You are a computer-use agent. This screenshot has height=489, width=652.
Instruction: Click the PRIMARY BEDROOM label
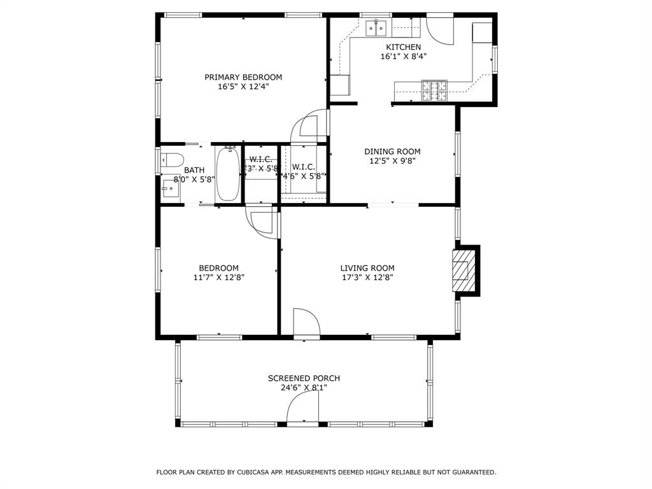[x=243, y=77]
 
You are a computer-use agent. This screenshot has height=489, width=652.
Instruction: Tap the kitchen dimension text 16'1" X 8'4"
[x=403, y=56]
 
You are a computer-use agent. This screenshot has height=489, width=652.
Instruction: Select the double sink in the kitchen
[x=376, y=27]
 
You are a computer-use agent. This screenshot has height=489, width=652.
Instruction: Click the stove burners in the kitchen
[x=434, y=90]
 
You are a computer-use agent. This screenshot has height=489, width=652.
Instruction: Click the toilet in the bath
[x=172, y=159]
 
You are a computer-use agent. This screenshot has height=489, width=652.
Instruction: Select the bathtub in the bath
[x=227, y=174]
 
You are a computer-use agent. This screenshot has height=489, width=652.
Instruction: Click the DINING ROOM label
[x=392, y=152]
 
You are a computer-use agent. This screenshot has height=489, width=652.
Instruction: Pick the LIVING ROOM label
[x=367, y=268]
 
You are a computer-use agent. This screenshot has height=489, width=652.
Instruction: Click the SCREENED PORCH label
[x=304, y=378]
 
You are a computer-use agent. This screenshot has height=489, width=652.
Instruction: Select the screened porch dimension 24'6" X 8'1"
[x=304, y=387]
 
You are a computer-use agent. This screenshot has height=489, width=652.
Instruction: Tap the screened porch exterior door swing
[x=302, y=407]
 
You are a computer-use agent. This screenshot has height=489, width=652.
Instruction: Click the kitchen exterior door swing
[x=439, y=29]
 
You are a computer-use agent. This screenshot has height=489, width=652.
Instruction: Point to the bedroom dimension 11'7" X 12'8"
[x=218, y=277]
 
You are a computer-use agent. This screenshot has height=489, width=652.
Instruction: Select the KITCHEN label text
[x=403, y=47]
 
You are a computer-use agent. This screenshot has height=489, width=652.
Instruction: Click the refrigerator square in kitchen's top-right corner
[x=482, y=32]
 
